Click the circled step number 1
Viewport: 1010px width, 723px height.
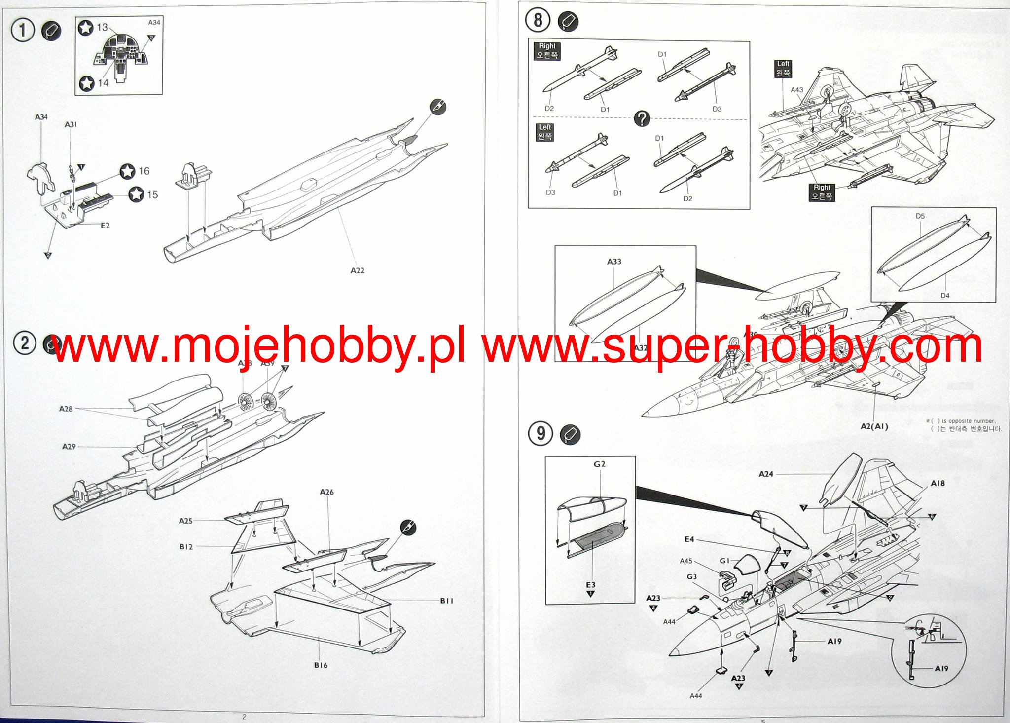pos(22,30)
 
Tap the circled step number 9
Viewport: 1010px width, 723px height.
pos(541,434)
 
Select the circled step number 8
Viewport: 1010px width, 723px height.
pos(538,20)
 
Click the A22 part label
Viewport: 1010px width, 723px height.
pos(358,270)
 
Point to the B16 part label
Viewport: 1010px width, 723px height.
pos(321,665)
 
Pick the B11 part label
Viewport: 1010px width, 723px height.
pos(446,601)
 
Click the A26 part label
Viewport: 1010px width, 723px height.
pos(326,492)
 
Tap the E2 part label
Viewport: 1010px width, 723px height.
pos(105,226)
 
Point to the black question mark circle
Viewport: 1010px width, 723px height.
pos(642,118)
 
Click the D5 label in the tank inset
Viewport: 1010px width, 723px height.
pos(920,216)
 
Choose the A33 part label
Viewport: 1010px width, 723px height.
pos(614,262)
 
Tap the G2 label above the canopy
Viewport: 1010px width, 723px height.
pos(599,464)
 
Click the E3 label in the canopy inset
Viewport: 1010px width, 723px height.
pos(590,585)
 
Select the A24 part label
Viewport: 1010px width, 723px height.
pos(766,474)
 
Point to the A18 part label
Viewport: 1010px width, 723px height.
pos(938,483)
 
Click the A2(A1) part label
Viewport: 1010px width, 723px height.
pos(874,426)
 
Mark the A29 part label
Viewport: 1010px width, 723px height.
pos(69,447)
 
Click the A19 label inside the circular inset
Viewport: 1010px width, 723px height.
pos(941,668)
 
